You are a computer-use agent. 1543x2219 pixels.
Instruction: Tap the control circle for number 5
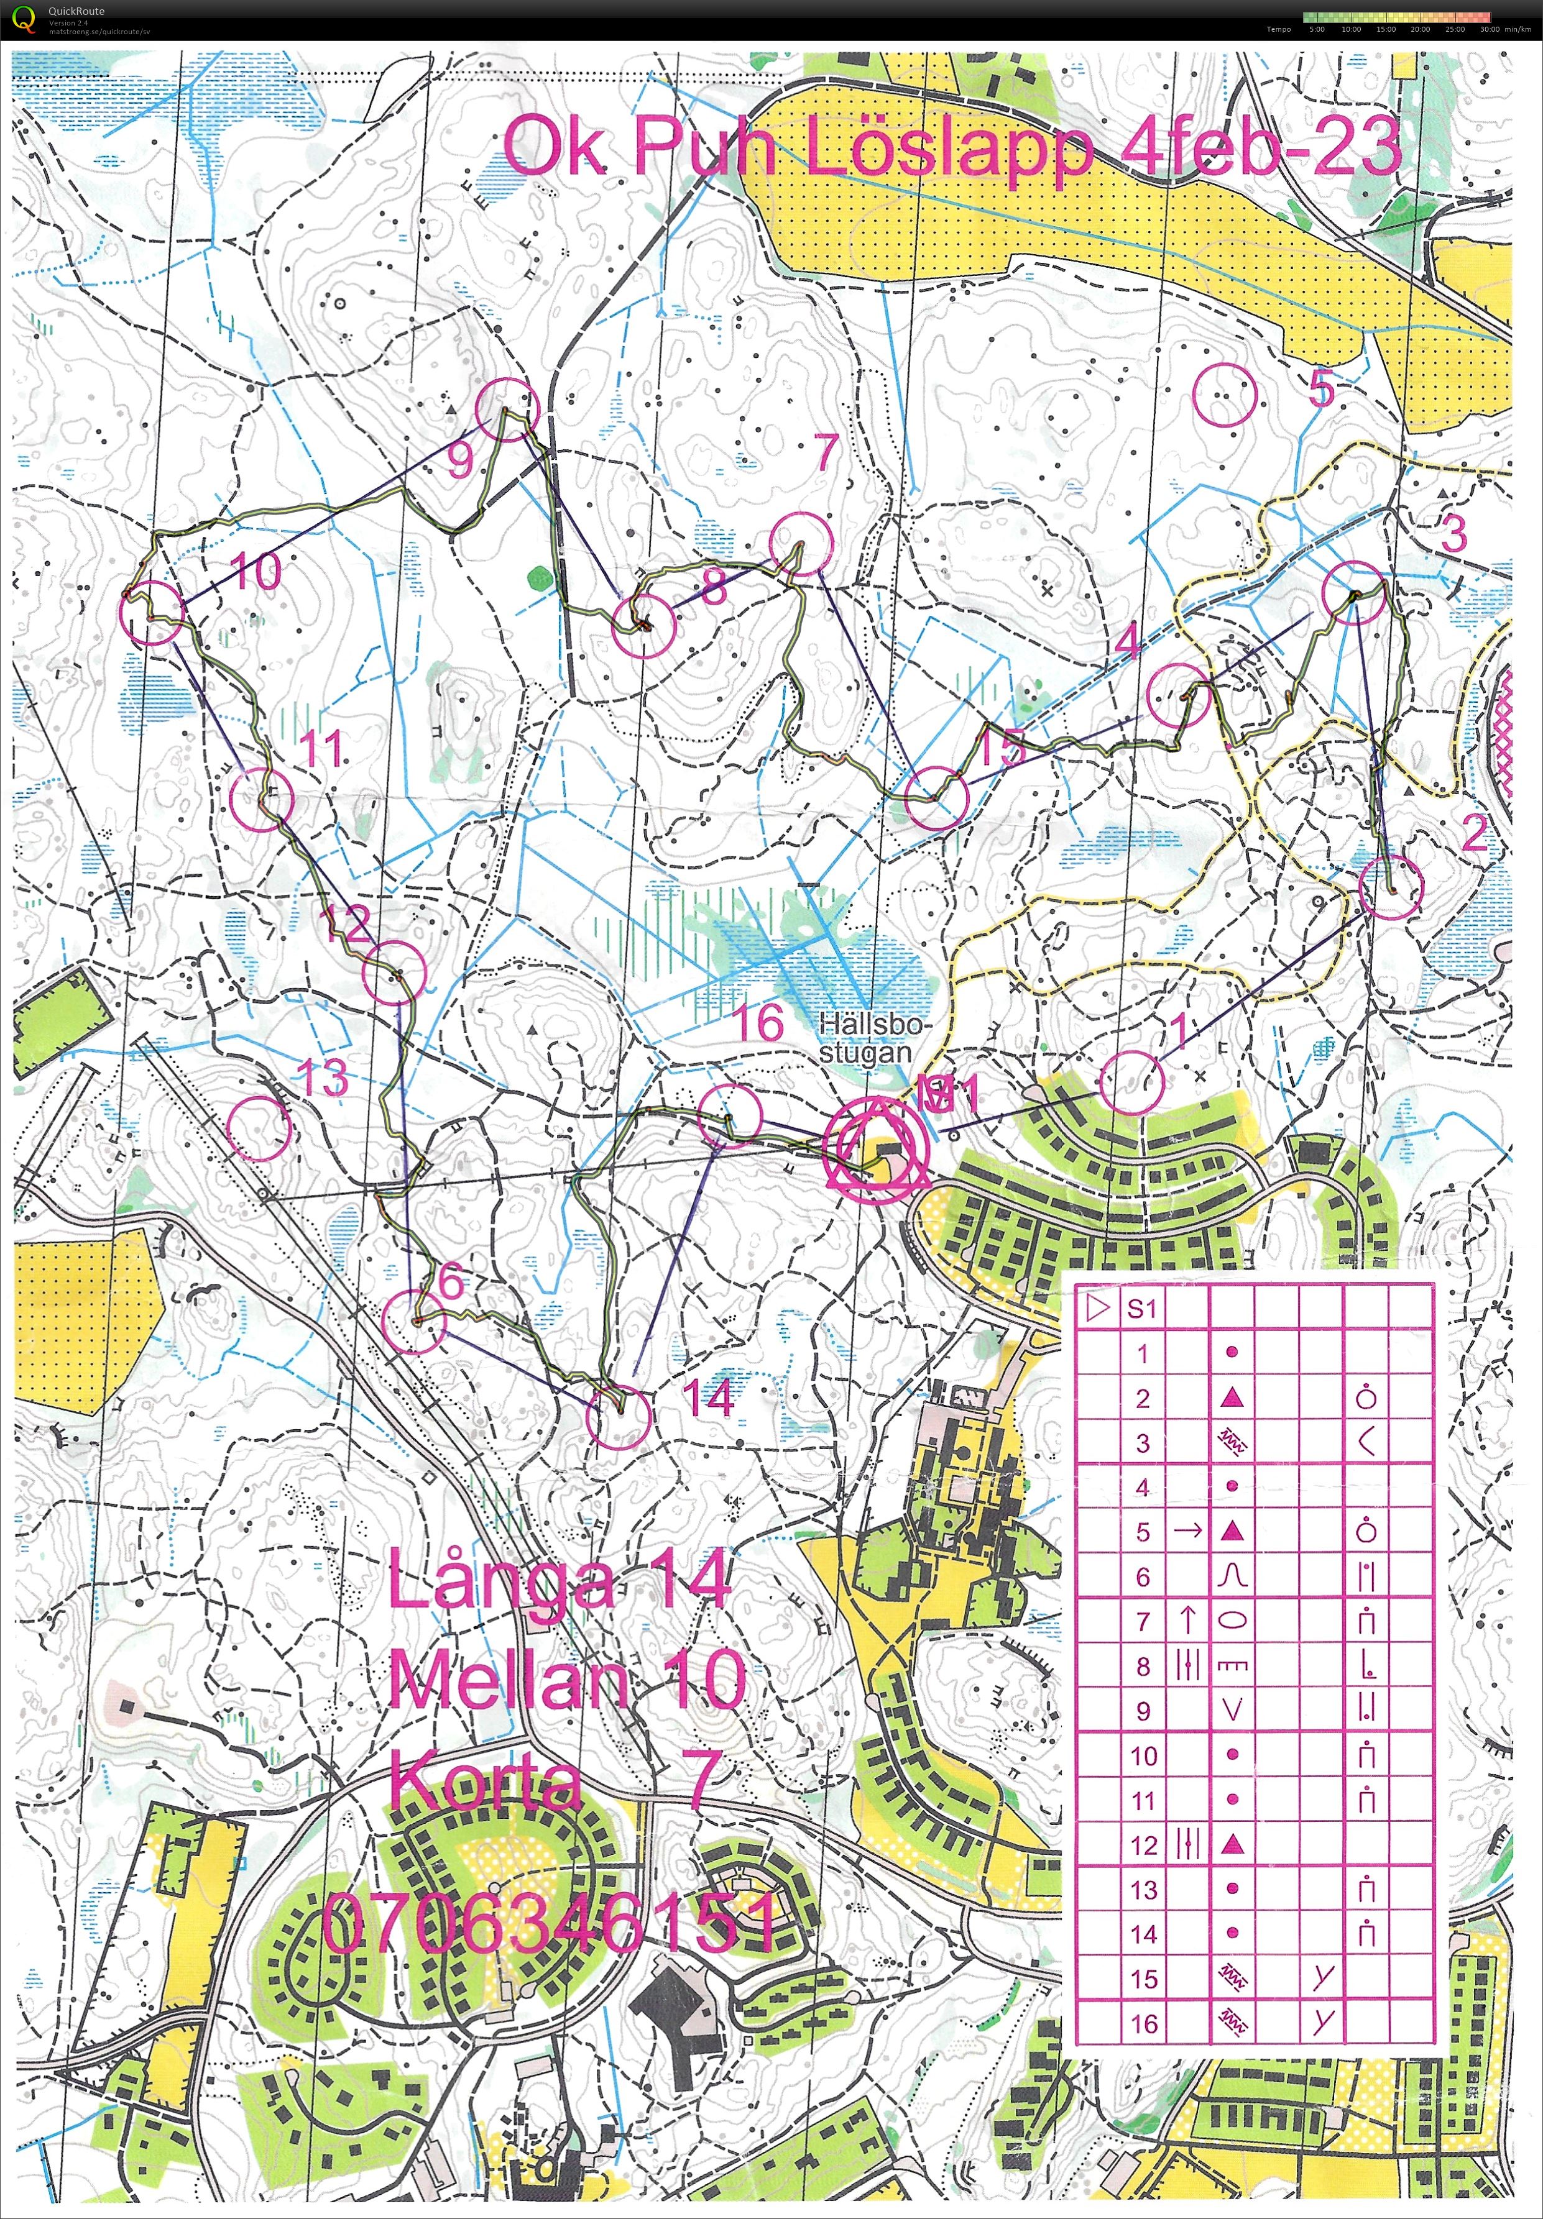(x=1225, y=395)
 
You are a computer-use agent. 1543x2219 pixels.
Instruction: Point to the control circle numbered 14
(x=619, y=1417)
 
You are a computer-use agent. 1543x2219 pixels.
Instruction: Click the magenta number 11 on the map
(x=322, y=749)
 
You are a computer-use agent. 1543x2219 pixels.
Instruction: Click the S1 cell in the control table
(x=1142, y=1309)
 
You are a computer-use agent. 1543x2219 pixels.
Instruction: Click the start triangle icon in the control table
(x=1097, y=1309)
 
